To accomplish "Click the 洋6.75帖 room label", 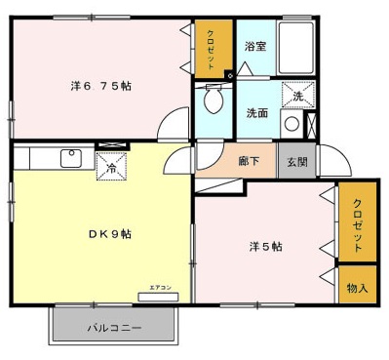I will tap(100, 85).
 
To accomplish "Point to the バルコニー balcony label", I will tap(114, 328).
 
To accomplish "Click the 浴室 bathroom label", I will tap(255, 45).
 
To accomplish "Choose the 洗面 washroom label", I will tap(257, 112).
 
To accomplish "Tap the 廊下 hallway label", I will tap(249, 162).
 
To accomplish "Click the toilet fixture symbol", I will tap(213, 99).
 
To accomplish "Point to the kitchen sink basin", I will tap(70, 157).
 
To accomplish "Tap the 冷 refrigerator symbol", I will tap(111, 167).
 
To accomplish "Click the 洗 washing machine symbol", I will tap(296, 95).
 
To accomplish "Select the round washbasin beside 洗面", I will tap(290, 123).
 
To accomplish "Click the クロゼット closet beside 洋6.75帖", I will tap(213, 50).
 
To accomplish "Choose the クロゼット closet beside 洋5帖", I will tap(357, 223).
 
